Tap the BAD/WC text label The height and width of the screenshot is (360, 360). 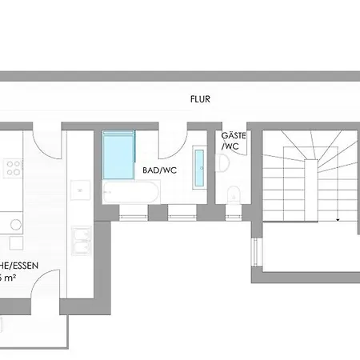159,170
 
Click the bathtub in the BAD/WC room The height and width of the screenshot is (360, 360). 131,193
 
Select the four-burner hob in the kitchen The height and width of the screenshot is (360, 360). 13,169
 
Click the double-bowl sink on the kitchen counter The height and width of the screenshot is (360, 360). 82,241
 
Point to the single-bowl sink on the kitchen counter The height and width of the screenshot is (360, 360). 80,190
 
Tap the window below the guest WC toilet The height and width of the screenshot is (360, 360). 234,214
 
